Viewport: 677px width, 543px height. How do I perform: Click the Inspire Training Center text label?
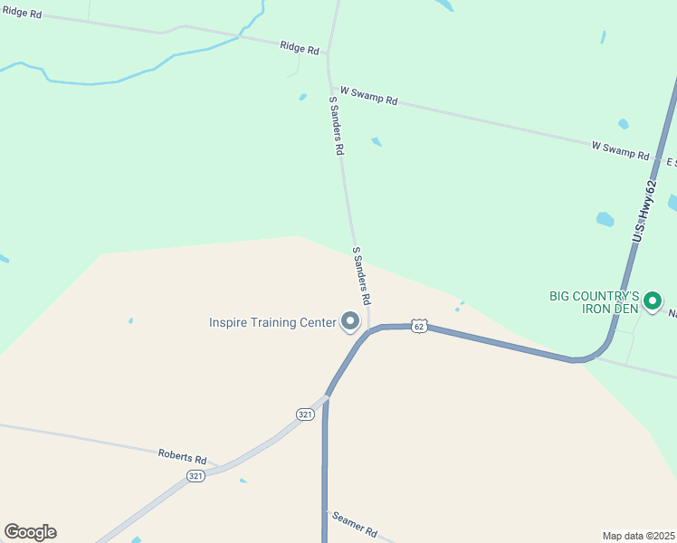coord(272,322)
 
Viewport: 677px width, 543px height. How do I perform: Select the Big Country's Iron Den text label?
coord(595,302)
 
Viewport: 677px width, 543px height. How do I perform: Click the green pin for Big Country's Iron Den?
coord(652,300)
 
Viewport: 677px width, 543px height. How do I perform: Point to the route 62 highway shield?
coord(418,325)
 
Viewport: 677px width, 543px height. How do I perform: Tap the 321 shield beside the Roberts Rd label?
coord(196,475)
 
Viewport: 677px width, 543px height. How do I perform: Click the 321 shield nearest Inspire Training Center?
coord(305,414)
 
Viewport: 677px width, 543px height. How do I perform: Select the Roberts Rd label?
coord(182,457)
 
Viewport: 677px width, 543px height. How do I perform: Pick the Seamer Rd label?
coord(354,523)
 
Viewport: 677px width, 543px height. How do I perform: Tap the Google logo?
coord(30,532)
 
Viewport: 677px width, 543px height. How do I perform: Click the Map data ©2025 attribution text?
coord(638,536)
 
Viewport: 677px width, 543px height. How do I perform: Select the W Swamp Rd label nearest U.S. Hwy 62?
coord(621,150)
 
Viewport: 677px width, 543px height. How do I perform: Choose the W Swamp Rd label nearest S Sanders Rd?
coord(369,96)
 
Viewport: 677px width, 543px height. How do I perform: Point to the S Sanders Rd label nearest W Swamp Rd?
coord(337,124)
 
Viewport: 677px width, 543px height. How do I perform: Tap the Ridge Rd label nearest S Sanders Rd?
coord(300,48)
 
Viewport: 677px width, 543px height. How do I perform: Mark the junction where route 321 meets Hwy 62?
coord(327,395)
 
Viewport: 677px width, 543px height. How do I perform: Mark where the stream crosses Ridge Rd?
coord(242,35)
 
